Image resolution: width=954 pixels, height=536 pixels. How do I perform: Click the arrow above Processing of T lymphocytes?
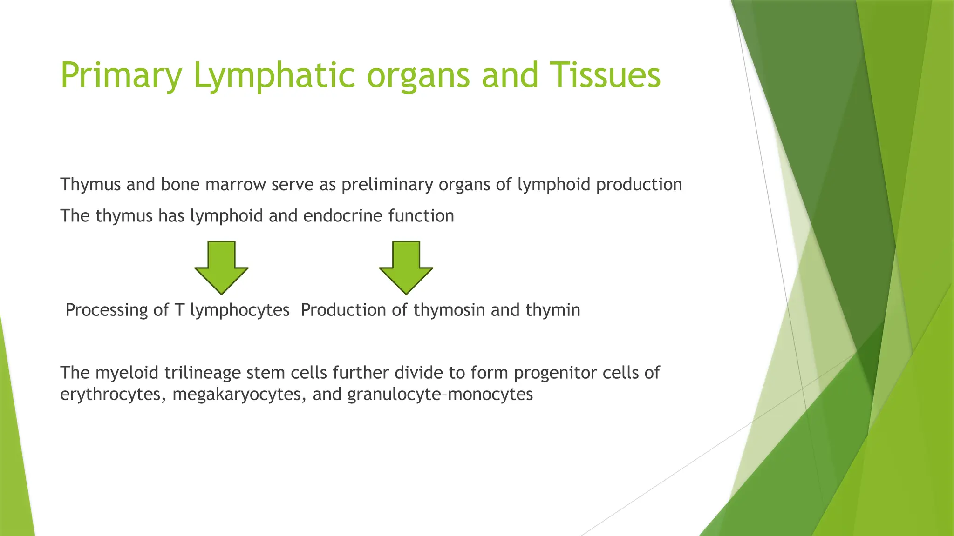[221, 267]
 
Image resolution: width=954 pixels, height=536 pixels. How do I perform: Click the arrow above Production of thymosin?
[406, 267]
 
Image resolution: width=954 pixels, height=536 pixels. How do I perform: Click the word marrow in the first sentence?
[236, 185]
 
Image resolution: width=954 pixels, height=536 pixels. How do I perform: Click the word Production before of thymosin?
[343, 310]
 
